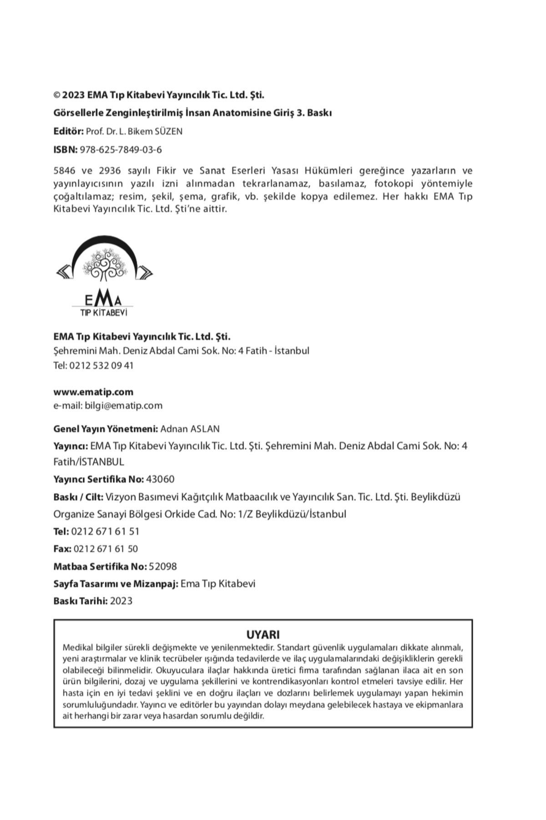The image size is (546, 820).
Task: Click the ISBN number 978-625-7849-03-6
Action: click(121, 150)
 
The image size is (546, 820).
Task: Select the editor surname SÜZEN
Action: click(168, 132)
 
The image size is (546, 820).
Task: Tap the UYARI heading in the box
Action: click(263, 635)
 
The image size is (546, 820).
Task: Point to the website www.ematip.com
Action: click(93, 392)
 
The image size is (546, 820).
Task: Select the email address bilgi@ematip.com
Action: click(123, 405)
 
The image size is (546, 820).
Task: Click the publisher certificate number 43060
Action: click(161, 479)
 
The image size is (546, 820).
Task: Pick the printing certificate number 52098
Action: click(163, 566)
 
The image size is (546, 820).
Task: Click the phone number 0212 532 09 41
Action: click(101, 365)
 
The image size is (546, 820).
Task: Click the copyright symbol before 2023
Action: click(57, 95)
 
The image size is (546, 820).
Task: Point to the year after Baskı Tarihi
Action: click(121, 601)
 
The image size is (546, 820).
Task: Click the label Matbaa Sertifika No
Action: click(100, 566)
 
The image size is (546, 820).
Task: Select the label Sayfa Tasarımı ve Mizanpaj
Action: click(116, 584)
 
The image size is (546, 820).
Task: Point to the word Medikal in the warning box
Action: click(77, 647)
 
